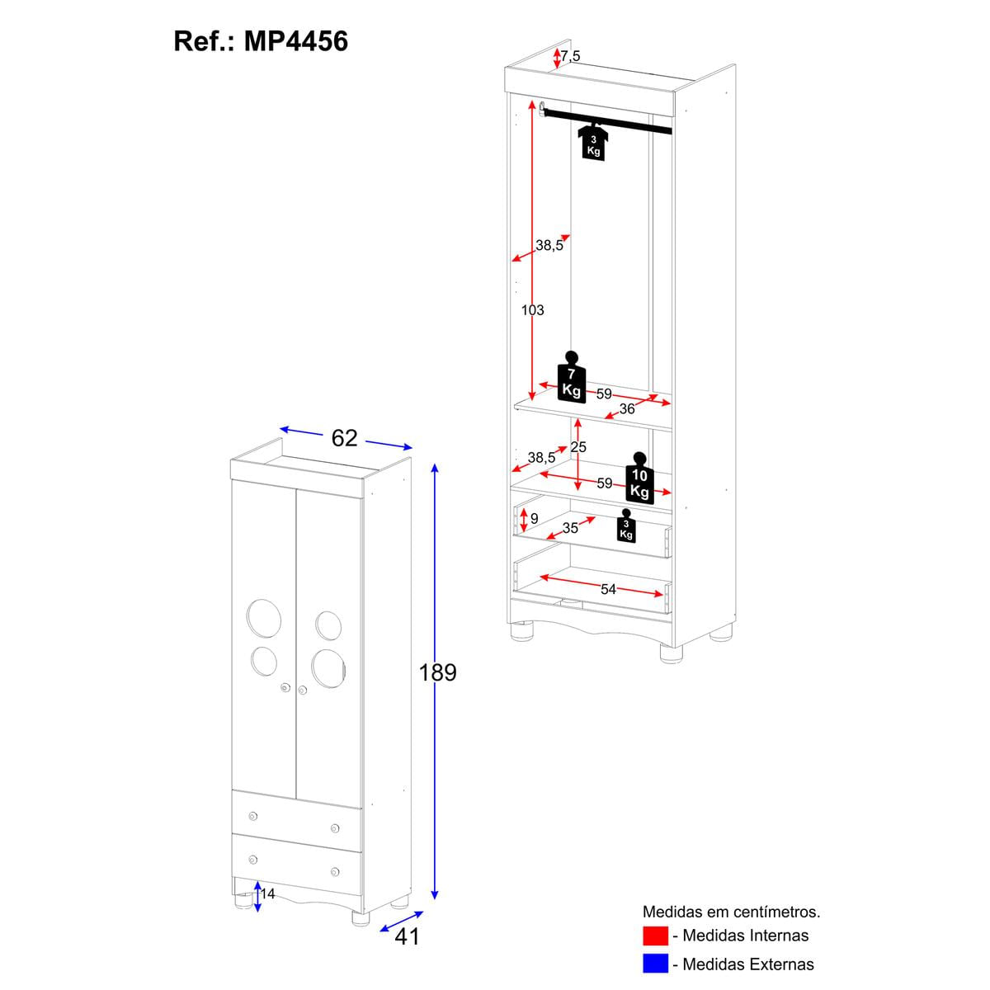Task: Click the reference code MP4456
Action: [295, 40]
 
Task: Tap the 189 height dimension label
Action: [437, 672]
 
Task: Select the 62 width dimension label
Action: [344, 438]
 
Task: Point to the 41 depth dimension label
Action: [408, 936]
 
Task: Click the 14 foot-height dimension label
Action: [267, 894]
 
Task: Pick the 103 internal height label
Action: [533, 310]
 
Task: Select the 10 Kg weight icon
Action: [639, 478]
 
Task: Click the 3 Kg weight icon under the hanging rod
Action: [593, 142]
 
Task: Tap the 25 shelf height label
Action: [578, 447]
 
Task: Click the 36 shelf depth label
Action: [627, 408]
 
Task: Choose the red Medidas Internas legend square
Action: [655, 936]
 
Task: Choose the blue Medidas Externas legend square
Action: [655, 964]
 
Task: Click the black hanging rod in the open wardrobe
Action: [606, 120]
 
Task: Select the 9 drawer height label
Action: [535, 519]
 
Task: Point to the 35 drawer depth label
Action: [570, 527]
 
